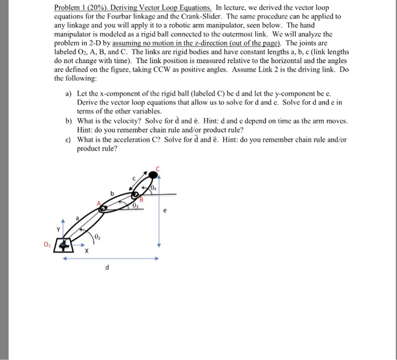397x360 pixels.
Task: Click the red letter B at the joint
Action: click(x=142, y=198)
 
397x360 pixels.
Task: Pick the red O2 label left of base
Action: click(x=55, y=245)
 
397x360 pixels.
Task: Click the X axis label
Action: click(x=87, y=252)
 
